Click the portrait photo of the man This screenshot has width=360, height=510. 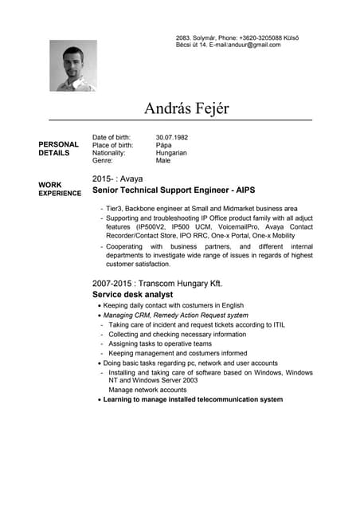(x=73, y=65)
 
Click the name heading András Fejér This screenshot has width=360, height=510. (x=186, y=107)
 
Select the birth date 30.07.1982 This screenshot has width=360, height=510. (x=171, y=137)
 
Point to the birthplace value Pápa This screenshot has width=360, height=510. (x=163, y=145)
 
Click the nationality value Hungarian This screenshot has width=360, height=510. (x=171, y=153)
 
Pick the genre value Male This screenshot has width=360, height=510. (x=163, y=161)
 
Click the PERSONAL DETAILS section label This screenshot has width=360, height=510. (x=58, y=149)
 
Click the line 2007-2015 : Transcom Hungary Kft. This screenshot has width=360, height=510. (x=157, y=284)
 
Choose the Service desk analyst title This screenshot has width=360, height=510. (x=132, y=295)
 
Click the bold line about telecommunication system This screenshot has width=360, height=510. (x=193, y=399)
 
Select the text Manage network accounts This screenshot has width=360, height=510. (x=147, y=390)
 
